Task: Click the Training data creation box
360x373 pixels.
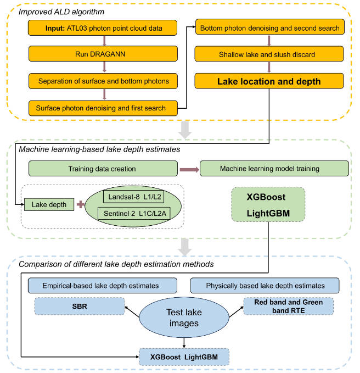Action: tap(102, 168)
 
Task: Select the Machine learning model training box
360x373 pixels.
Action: tap(274, 168)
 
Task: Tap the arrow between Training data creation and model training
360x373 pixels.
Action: tap(189, 168)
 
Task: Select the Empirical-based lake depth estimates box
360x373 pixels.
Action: tap(102, 285)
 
